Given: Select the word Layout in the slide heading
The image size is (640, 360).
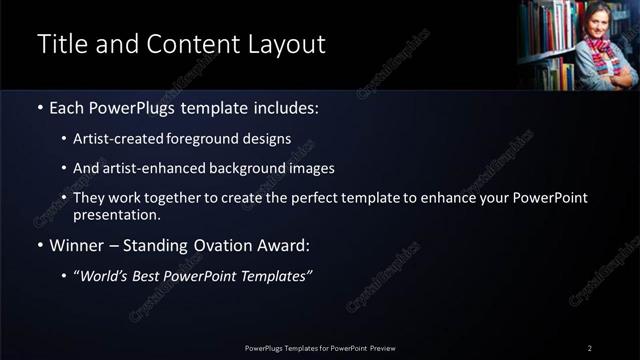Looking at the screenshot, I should pyautogui.click(x=288, y=45).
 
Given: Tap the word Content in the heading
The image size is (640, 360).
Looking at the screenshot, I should pyautogui.click(x=187, y=45).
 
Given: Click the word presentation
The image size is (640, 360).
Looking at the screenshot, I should pyautogui.click(x=117, y=214).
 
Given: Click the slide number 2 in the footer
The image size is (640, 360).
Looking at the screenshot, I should pyautogui.click(x=590, y=347).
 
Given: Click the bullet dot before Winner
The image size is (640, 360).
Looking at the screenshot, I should pyautogui.click(x=39, y=245).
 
